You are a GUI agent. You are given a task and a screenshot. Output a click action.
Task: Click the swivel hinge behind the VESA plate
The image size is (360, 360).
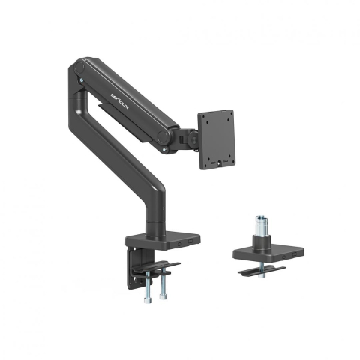185,136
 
